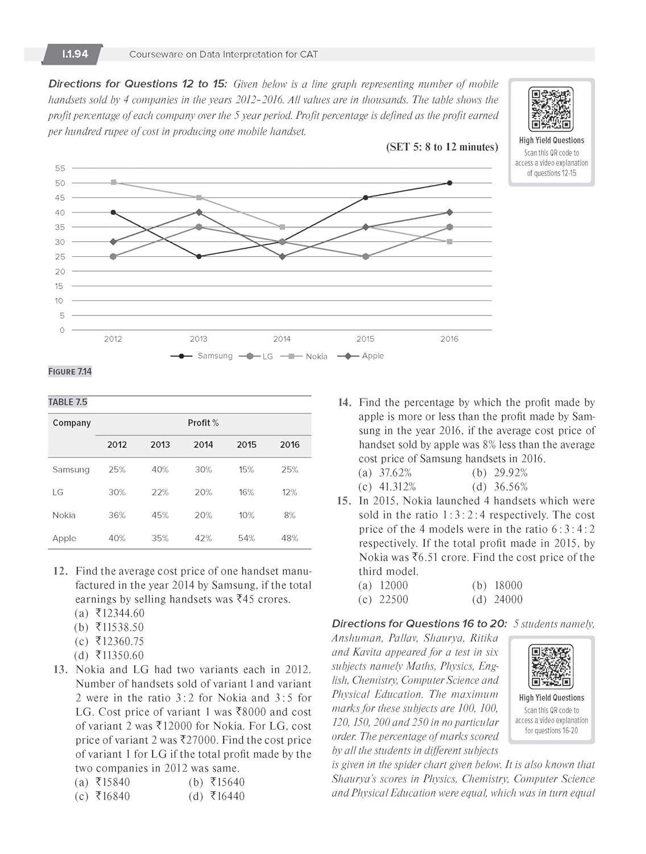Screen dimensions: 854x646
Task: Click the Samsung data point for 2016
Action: click(449, 183)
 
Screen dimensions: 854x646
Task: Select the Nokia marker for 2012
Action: click(114, 182)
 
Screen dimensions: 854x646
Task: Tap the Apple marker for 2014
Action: click(282, 256)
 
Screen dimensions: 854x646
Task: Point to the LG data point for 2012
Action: click(113, 256)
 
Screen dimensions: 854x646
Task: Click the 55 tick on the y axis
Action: click(60, 168)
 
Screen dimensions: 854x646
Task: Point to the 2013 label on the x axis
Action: click(198, 339)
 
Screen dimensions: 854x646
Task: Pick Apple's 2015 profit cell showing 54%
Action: click(246, 538)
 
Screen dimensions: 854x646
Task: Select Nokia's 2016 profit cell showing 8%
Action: click(289, 515)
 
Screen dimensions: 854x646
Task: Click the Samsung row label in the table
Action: click(71, 470)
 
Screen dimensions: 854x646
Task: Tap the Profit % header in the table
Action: click(203, 423)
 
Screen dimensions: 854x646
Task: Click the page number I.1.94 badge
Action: click(75, 54)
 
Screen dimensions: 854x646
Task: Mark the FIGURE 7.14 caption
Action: click(70, 372)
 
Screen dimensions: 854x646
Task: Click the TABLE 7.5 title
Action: click(68, 402)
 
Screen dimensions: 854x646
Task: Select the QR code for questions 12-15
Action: click(551, 109)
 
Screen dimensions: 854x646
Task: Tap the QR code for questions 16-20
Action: click(551, 666)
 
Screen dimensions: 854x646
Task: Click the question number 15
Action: click(343, 501)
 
